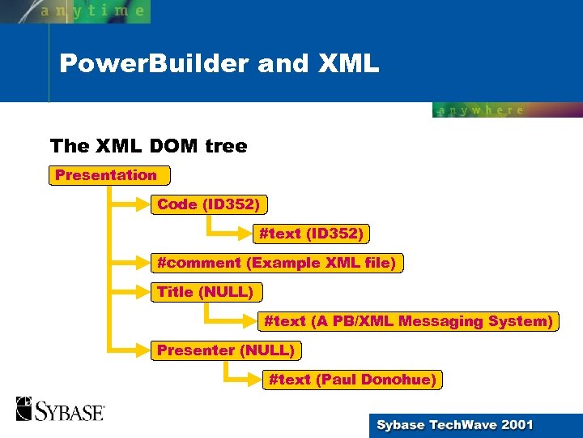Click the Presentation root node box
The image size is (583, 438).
pos(109,175)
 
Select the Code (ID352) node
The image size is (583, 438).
pos(209,204)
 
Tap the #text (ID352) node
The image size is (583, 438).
pos(311,234)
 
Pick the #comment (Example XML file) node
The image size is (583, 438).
pos(276,263)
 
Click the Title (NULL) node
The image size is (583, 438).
pos(206,292)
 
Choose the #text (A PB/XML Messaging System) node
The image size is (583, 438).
pos(408,321)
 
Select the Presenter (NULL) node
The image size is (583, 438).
pos(224,350)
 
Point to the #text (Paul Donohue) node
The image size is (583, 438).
pos(352,380)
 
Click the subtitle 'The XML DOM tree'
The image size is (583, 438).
pos(148,146)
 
